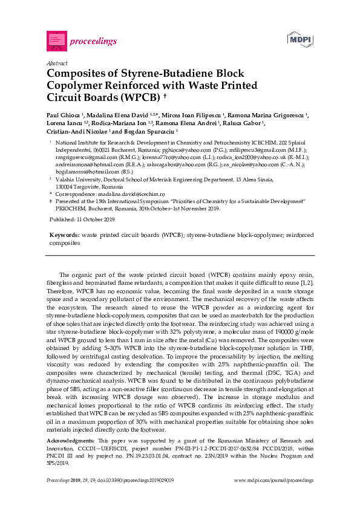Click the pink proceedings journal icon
[x=56, y=41]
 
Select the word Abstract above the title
[x=56, y=63]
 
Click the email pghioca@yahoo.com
[x=165, y=149]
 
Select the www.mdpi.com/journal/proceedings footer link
[x=273, y=480]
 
